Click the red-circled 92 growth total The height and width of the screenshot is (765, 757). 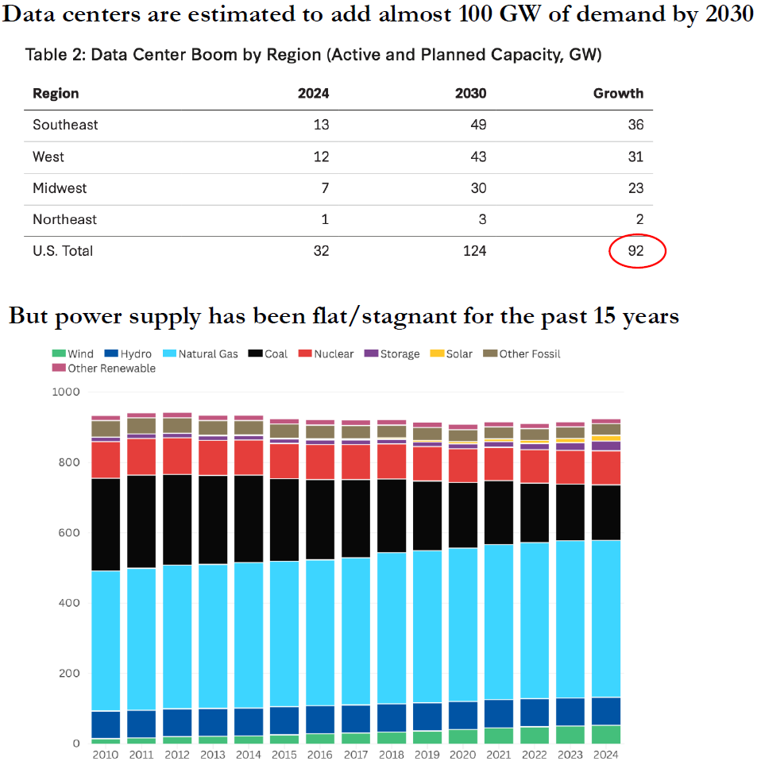(x=635, y=251)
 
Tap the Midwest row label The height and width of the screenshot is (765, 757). (x=60, y=188)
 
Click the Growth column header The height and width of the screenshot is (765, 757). (x=618, y=93)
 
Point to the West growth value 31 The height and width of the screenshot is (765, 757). (x=635, y=156)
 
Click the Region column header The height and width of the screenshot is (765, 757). (x=56, y=93)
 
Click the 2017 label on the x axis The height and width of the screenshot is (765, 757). (x=357, y=754)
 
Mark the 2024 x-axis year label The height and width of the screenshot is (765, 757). (x=606, y=754)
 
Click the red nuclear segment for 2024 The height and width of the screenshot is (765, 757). (x=606, y=468)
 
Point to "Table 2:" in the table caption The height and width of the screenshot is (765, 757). (x=53, y=55)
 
